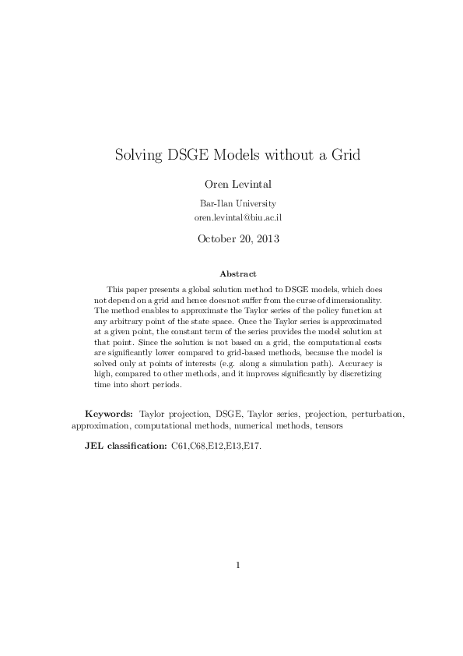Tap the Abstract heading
point(231,273)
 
